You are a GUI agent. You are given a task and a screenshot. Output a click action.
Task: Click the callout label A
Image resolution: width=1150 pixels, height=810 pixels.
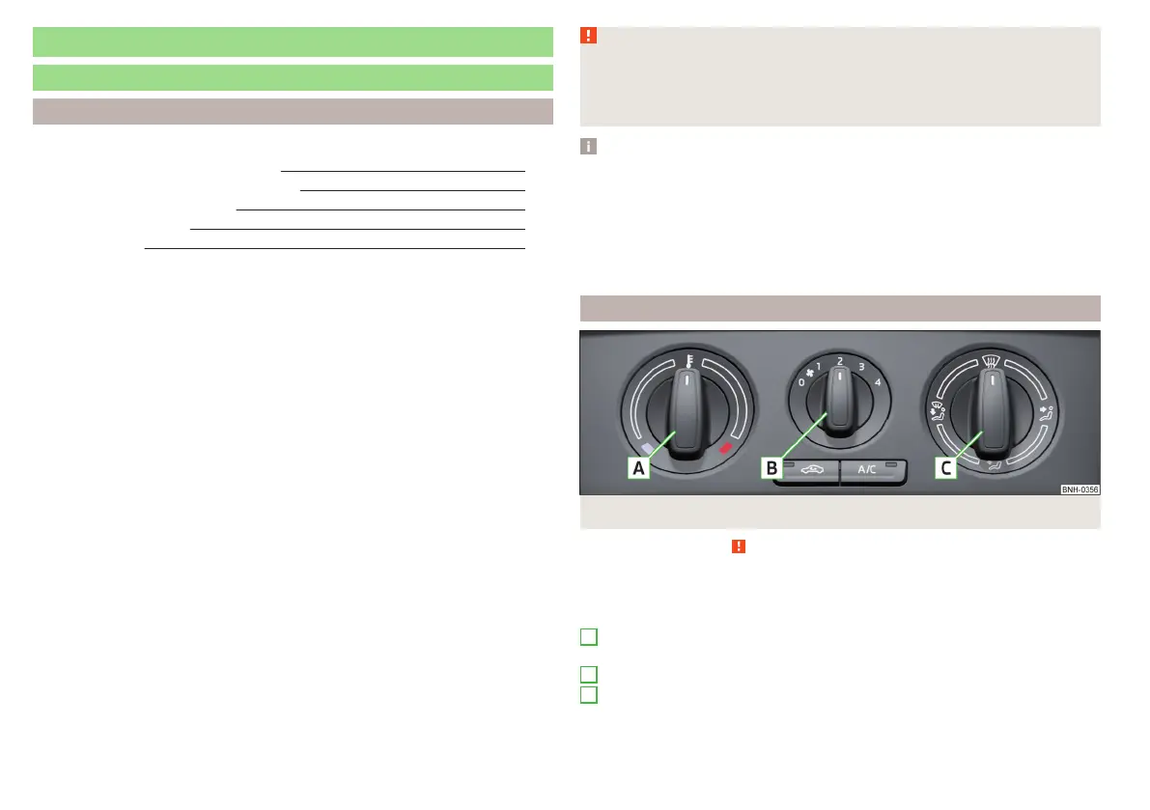637,468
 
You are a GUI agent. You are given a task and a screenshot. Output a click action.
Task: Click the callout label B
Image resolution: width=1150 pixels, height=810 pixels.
771,468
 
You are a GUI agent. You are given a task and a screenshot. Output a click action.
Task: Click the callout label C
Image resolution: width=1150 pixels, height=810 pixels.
946,468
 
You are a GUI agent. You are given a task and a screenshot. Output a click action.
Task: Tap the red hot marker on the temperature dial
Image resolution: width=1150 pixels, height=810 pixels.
726,447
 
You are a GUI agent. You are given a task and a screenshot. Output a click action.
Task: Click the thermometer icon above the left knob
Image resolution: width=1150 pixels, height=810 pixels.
687,360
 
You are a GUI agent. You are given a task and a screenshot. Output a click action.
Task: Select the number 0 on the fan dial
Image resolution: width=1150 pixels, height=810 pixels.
800,382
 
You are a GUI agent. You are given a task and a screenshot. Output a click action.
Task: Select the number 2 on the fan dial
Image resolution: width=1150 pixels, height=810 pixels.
840,361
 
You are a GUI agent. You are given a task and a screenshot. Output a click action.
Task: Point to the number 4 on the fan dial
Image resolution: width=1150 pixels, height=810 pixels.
878,382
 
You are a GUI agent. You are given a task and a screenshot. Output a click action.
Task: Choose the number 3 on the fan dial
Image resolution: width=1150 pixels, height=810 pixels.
861,367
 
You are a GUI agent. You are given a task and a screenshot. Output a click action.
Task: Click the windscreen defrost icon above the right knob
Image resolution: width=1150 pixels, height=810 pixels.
990,362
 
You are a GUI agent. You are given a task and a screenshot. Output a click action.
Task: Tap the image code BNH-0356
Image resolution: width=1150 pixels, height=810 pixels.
1080,489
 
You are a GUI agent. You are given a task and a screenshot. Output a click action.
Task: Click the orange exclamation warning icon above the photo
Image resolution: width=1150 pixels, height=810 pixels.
589,36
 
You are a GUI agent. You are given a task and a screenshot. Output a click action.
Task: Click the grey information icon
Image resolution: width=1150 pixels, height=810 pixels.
589,147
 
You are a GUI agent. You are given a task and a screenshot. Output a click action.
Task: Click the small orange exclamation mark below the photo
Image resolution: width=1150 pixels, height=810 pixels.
737,546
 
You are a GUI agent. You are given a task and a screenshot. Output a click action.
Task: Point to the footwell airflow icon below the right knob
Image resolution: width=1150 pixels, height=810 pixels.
991,466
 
